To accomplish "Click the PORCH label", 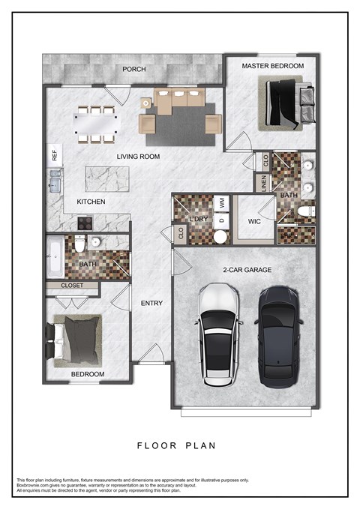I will pos(134,70).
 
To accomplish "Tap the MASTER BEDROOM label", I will pos(272,67).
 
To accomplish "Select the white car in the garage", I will pos(218,334).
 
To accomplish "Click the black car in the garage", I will pos(281,333).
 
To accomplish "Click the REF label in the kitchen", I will pos(54,156).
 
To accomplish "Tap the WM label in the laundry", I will pos(222,202).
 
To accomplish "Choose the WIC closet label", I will pos(253,222).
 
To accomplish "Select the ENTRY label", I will pos(152,303).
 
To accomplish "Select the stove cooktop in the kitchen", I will pos(83,222).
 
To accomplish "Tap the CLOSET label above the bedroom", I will pos(72,286).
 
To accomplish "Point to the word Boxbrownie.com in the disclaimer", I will pos(34,485).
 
